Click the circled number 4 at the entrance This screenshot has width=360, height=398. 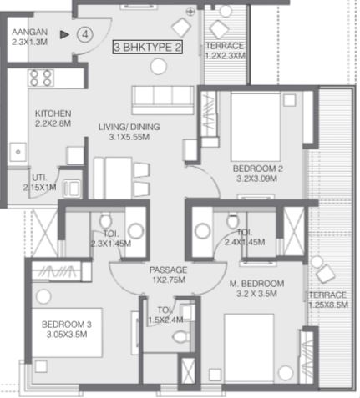(85, 35)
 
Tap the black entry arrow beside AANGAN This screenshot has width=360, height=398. (64, 35)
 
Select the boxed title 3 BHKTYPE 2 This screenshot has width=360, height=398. (148, 47)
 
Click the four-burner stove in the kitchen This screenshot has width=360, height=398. (41, 78)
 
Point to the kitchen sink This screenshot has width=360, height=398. (18, 152)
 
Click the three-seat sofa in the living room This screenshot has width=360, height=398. (163, 100)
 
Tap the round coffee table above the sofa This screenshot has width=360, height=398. (159, 67)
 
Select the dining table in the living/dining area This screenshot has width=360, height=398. (113, 178)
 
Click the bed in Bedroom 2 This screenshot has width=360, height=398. (256, 127)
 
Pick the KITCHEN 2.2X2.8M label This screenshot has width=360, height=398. (53, 118)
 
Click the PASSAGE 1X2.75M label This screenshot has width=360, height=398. (168, 275)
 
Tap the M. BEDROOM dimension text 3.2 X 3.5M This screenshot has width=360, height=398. (256, 294)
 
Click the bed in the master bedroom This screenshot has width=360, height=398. (249, 348)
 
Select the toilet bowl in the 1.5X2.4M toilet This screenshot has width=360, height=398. (181, 337)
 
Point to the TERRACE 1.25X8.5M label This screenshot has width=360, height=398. (328, 300)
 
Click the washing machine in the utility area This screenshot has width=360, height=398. (72, 189)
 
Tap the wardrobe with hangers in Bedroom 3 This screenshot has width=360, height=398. (57, 271)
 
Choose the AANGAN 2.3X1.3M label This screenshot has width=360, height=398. (29, 37)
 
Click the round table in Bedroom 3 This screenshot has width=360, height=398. (43, 296)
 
